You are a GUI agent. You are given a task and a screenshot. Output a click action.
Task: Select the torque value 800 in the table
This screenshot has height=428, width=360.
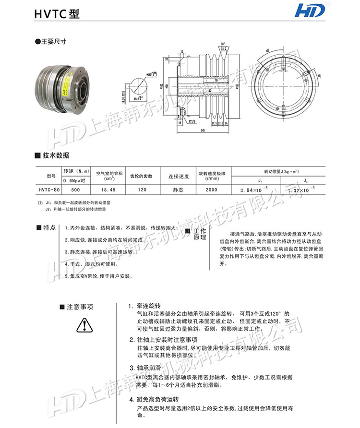[x=76, y=190]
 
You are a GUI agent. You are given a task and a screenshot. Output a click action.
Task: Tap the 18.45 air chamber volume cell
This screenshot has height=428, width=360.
[x=108, y=190]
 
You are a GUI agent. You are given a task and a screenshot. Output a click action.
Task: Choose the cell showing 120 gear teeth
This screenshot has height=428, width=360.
[x=142, y=190]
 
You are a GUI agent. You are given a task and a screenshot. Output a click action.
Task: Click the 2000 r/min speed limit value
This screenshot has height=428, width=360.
[x=211, y=190]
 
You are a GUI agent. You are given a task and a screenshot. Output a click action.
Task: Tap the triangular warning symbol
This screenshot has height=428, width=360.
[x=84, y=326]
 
